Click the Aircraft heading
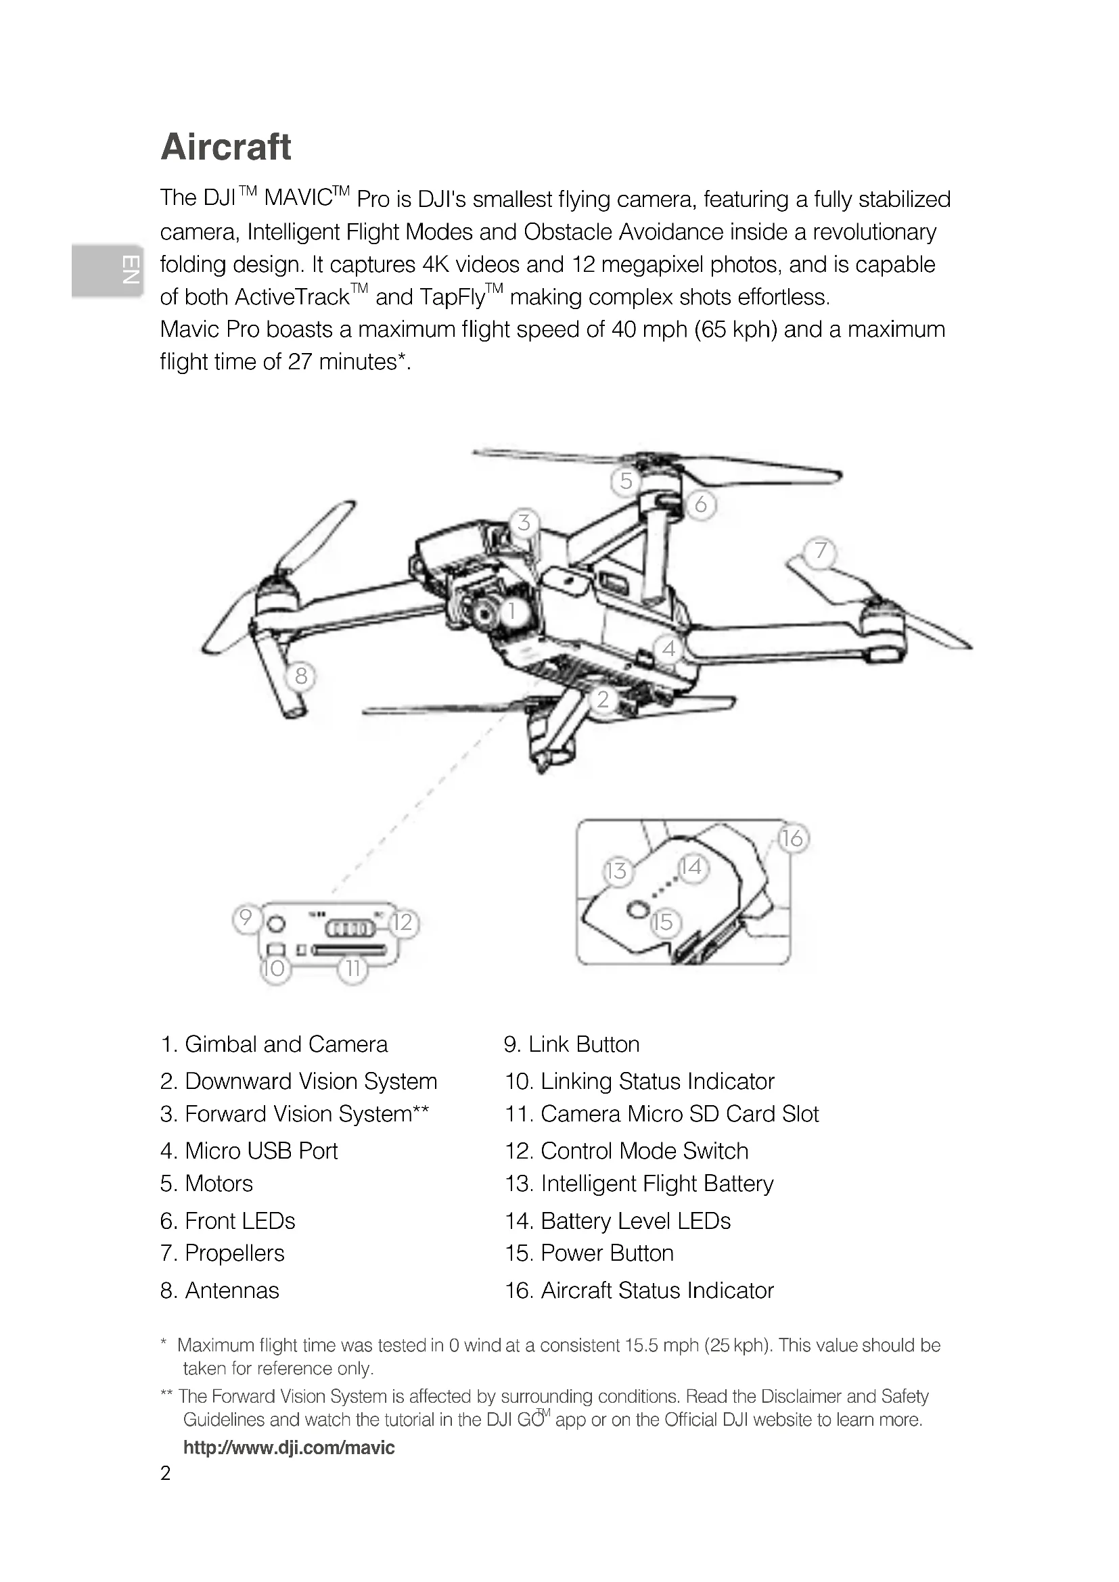point(226,147)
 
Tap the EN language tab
point(108,270)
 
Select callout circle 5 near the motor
point(626,481)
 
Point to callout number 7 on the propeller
point(820,551)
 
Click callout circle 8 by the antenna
point(301,676)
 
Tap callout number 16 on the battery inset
point(792,839)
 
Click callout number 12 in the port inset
point(403,923)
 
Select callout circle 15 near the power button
point(664,922)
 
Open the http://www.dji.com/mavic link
point(289,1447)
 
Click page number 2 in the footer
point(165,1473)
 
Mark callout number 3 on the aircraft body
point(524,522)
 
